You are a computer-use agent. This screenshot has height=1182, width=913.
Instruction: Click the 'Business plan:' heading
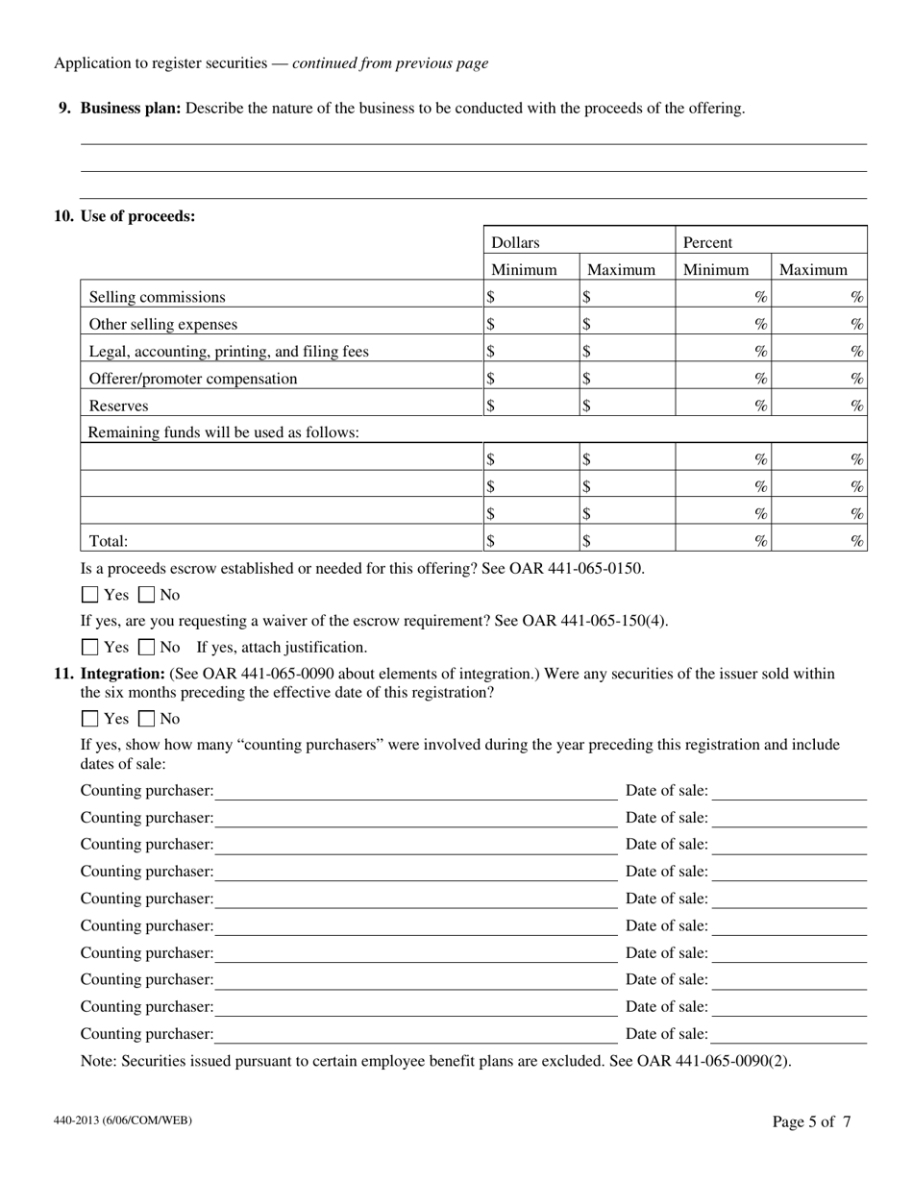pos(130,109)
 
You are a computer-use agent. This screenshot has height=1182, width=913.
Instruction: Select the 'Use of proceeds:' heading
pos(137,216)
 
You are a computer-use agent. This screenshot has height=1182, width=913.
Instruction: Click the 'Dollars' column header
pos(515,243)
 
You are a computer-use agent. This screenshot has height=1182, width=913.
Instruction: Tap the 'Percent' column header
pos(707,243)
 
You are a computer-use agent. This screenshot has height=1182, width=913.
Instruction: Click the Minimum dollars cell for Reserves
pos(531,406)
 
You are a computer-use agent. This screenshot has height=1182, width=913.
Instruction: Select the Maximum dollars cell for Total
pos(628,541)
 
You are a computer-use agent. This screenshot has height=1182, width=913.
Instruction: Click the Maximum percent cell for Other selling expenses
pos(820,325)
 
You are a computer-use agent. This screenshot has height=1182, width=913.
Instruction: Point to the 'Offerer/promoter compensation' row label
pos(193,379)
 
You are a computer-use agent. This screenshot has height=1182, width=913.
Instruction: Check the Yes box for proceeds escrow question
pos(90,595)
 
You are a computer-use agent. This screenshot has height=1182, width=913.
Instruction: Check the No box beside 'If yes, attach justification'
pos(147,648)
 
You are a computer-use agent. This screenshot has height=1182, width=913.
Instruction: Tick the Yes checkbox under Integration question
pos(90,719)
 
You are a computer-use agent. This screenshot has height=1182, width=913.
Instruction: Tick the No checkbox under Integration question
pos(147,719)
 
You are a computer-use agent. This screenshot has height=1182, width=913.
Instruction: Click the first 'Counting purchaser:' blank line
pos(415,791)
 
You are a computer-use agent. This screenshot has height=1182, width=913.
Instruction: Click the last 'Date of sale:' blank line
pos(789,1034)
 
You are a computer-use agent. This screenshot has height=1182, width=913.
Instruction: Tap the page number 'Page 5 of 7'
pos(811,1121)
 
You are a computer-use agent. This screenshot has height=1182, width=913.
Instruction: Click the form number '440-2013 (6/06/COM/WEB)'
pos(115,1120)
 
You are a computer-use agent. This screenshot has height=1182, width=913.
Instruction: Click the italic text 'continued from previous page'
pos(390,63)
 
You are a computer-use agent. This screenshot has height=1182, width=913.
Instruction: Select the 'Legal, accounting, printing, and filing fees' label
pos(229,352)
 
